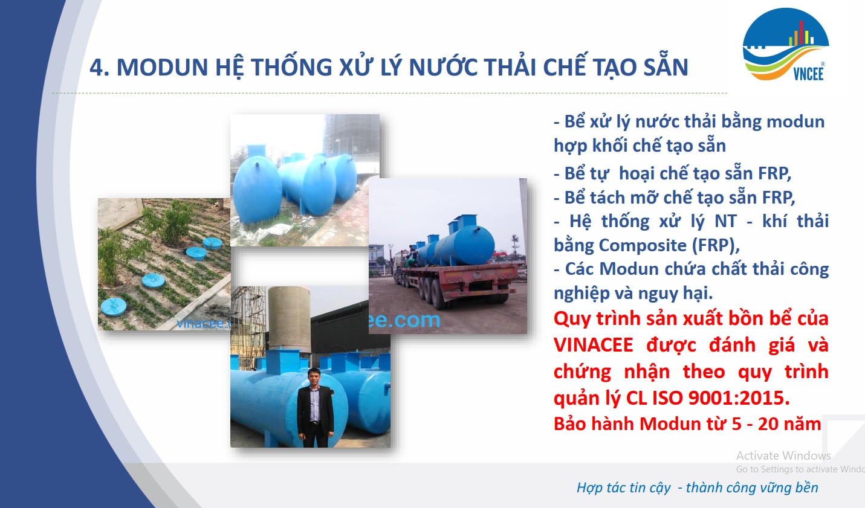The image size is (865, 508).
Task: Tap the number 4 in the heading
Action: [97, 68]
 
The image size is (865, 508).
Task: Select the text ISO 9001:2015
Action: [721, 397]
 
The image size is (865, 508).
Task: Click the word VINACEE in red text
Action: [593, 345]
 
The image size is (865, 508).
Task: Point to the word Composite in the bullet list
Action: [643, 245]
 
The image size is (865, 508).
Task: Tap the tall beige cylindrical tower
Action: [290, 320]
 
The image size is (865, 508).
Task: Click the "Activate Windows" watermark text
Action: [783, 455]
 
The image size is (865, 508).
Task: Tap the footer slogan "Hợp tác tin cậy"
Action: [624, 488]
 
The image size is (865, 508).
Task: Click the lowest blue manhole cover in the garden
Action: [114, 306]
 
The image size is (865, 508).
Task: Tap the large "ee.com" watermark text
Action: [405, 320]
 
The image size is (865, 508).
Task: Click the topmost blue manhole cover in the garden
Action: [212, 243]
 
